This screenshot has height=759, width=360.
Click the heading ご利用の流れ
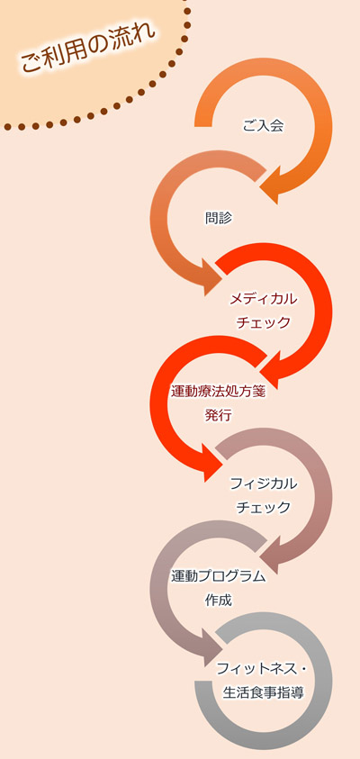click(87, 48)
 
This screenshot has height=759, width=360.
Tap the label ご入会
click(263, 126)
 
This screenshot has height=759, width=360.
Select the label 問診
click(219, 218)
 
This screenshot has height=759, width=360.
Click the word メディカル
click(263, 299)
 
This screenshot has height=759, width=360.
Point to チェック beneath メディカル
click(263, 322)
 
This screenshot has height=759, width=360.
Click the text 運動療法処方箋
click(218, 392)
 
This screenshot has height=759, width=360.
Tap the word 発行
click(219, 415)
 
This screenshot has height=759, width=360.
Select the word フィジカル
click(263, 483)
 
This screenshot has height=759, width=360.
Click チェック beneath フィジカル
click(263, 507)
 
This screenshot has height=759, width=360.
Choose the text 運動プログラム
click(218, 576)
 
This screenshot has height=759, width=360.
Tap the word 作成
click(219, 600)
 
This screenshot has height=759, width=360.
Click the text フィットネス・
click(261, 669)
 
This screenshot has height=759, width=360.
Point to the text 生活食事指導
click(263, 692)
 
